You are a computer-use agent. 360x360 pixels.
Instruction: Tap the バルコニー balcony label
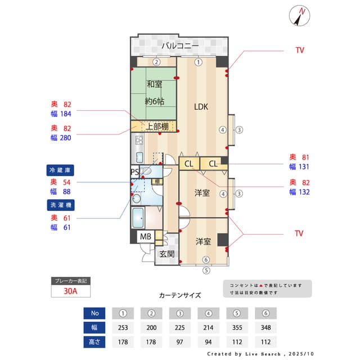(x=180, y=46)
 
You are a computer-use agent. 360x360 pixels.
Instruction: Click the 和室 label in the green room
(x=155, y=84)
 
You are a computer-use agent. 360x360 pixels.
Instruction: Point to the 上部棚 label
(x=157, y=127)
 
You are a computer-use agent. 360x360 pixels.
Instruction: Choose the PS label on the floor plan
(x=135, y=172)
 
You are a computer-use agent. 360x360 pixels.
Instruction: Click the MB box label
(x=146, y=236)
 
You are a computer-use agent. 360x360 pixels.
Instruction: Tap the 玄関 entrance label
(x=167, y=254)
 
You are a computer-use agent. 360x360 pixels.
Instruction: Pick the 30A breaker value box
(x=70, y=292)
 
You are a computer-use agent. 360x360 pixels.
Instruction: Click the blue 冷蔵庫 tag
(x=60, y=169)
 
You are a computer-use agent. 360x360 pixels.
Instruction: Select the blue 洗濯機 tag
(x=60, y=204)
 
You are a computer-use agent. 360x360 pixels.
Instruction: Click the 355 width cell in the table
(x=237, y=327)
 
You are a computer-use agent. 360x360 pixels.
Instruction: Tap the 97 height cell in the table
(x=180, y=341)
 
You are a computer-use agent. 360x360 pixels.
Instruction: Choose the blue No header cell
(x=94, y=313)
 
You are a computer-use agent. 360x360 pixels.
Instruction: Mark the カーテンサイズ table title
(x=180, y=295)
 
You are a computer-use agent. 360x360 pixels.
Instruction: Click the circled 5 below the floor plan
(x=206, y=270)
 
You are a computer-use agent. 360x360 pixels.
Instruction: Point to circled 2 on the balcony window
(x=157, y=62)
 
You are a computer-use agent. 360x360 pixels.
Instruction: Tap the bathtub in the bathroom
(x=137, y=217)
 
